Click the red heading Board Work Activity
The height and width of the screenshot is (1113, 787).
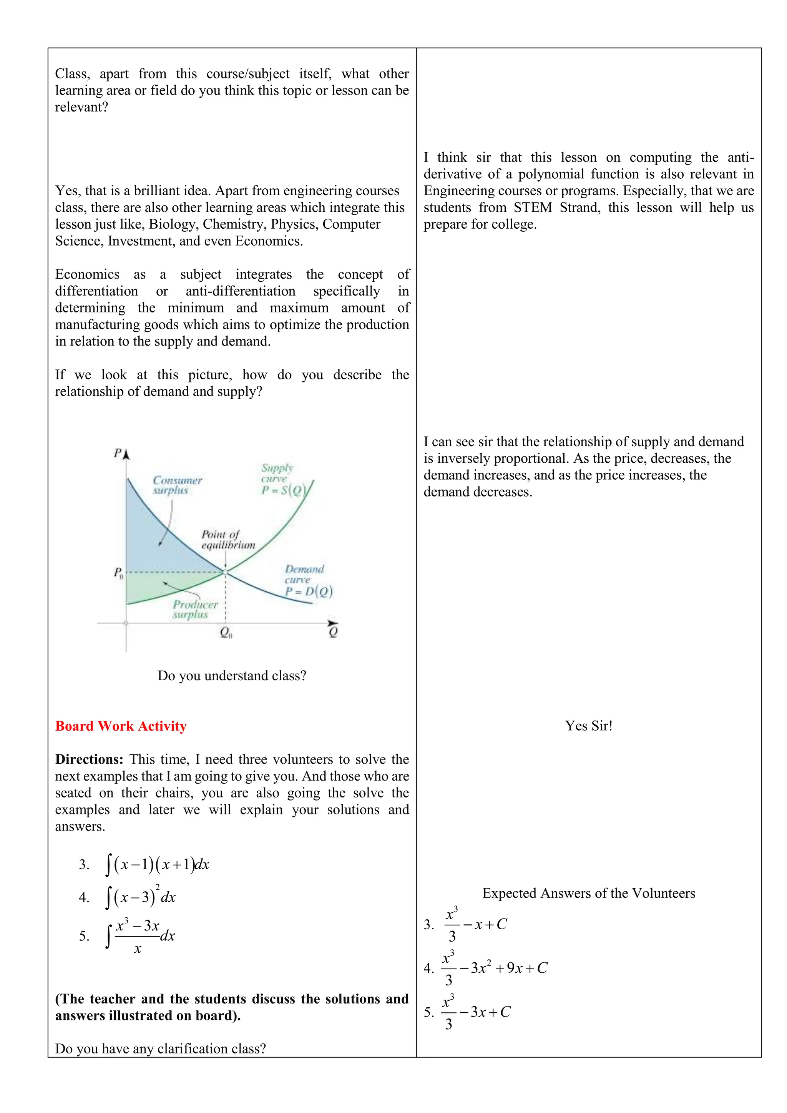[121, 726]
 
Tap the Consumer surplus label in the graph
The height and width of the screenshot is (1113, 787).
[176, 485]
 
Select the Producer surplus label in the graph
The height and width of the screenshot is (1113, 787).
[195, 609]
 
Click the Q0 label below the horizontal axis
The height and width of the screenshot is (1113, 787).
[226, 633]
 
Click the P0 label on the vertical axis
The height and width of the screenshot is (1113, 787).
[118, 573]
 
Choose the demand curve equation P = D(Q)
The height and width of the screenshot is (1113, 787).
[309, 591]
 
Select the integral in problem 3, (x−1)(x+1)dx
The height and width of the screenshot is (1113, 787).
[157, 864]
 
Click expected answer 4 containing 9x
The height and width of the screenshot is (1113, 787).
[494, 968]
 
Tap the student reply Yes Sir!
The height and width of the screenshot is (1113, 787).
[588, 726]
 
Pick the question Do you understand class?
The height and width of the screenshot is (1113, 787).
[232, 675]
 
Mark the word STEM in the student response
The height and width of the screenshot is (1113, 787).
[533, 208]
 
